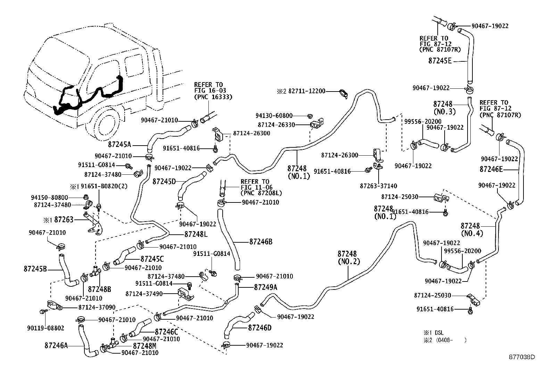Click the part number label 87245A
(x=119, y=144)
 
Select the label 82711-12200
(x=307, y=91)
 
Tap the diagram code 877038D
(x=522, y=357)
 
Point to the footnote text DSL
(x=439, y=333)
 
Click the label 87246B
(x=261, y=242)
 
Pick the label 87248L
(x=196, y=234)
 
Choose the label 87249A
(x=266, y=287)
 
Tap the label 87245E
(x=440, y=61)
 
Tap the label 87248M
(x=145, y=346)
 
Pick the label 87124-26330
(x=276, y=124)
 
